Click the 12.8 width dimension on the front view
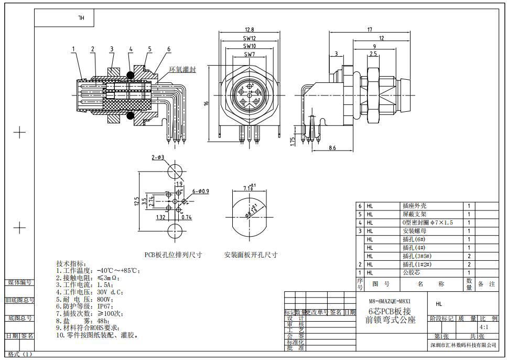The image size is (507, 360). [x=249, y=30]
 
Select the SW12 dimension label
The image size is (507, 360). [x=249, y=38]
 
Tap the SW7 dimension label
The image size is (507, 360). [x=249, y=54]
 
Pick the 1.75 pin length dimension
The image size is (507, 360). [x=295, y=141]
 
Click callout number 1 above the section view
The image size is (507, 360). [x=73, y=49]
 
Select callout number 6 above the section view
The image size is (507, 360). [x=168, y=49]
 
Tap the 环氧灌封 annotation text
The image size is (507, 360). [x=182, y=69]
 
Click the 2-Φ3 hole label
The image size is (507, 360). [x=158, y=157]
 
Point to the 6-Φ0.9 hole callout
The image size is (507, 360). [x=200, y=191]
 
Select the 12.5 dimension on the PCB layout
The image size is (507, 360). [x=137, y=202]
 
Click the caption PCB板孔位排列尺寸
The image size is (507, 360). [x=174, y=255]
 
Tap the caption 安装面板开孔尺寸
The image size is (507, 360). [x=251, y=255]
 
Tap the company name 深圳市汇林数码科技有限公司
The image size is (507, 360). [x=462, y=345]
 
